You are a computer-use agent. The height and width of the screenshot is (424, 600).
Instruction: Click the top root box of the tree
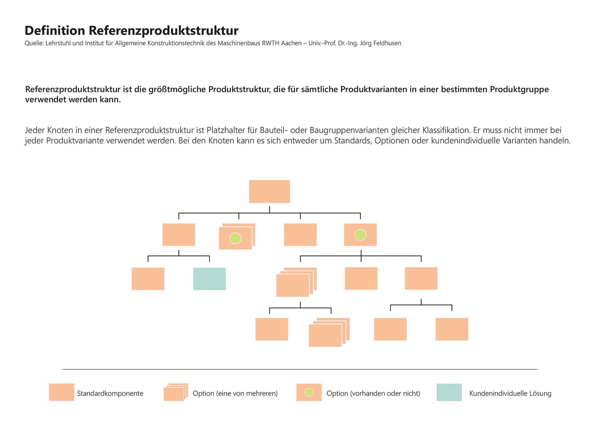coord(269,191)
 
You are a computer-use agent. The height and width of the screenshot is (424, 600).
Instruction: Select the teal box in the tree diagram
coord(209,279)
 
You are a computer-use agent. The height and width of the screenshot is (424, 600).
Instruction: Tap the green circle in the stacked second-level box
coord(235,238)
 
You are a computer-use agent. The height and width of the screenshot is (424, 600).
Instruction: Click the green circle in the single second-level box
coord(360,235)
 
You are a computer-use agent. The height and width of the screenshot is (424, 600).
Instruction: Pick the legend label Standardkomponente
coord(110,393)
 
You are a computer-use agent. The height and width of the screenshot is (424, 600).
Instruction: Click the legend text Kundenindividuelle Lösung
coord(510,393)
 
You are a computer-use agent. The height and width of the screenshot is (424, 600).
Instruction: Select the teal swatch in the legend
coord(449,392)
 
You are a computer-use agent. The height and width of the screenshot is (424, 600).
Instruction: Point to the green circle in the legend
coord(309,392)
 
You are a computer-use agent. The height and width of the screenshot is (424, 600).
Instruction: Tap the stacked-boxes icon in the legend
coord(175,392)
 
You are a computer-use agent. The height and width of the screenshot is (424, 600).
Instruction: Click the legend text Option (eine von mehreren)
coord(235,393)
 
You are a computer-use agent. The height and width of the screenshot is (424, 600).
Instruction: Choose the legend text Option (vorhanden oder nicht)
coord(373,393)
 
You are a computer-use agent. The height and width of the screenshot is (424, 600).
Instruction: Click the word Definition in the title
coord(55,31)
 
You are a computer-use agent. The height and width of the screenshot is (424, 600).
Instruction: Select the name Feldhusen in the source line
coord(387,43)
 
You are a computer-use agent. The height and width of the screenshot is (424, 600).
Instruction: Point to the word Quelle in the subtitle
coord(34,43)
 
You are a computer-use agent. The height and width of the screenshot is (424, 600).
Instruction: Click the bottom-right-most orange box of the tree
coord(452,329)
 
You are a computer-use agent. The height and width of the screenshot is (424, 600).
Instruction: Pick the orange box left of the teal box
coord(148,279)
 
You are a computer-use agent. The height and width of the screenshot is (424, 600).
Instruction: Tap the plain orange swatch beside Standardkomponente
coord(62,392)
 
